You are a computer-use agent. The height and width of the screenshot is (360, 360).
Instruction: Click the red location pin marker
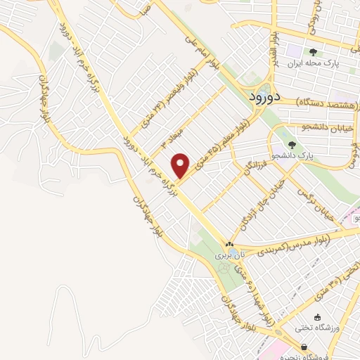click(x=182, y=165)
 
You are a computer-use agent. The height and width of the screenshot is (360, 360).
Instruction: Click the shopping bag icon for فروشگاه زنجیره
click(x=304, y=347)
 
